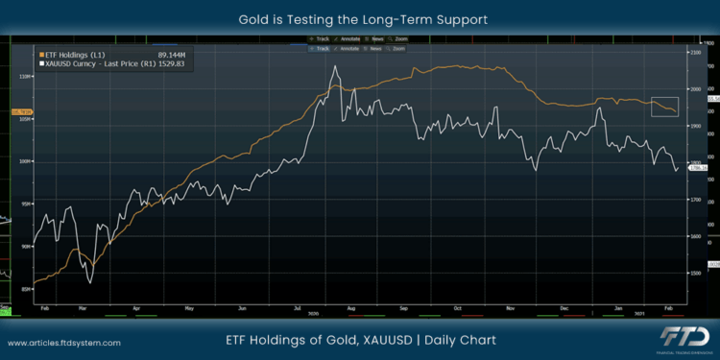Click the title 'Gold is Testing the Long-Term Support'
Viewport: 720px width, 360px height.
pos(359,18)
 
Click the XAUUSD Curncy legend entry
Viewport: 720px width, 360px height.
pos(95,63)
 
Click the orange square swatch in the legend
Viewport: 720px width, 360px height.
pos(41,54)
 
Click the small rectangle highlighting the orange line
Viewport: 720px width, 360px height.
pos(664,107)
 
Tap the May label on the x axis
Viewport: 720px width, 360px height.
pos(189,310)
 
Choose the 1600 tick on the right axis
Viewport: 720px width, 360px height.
pos(709,236)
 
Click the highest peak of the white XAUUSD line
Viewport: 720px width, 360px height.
pos(333,66)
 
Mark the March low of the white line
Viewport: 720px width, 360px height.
pos(88,282)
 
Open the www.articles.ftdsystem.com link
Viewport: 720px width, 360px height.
pos(65,342)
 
